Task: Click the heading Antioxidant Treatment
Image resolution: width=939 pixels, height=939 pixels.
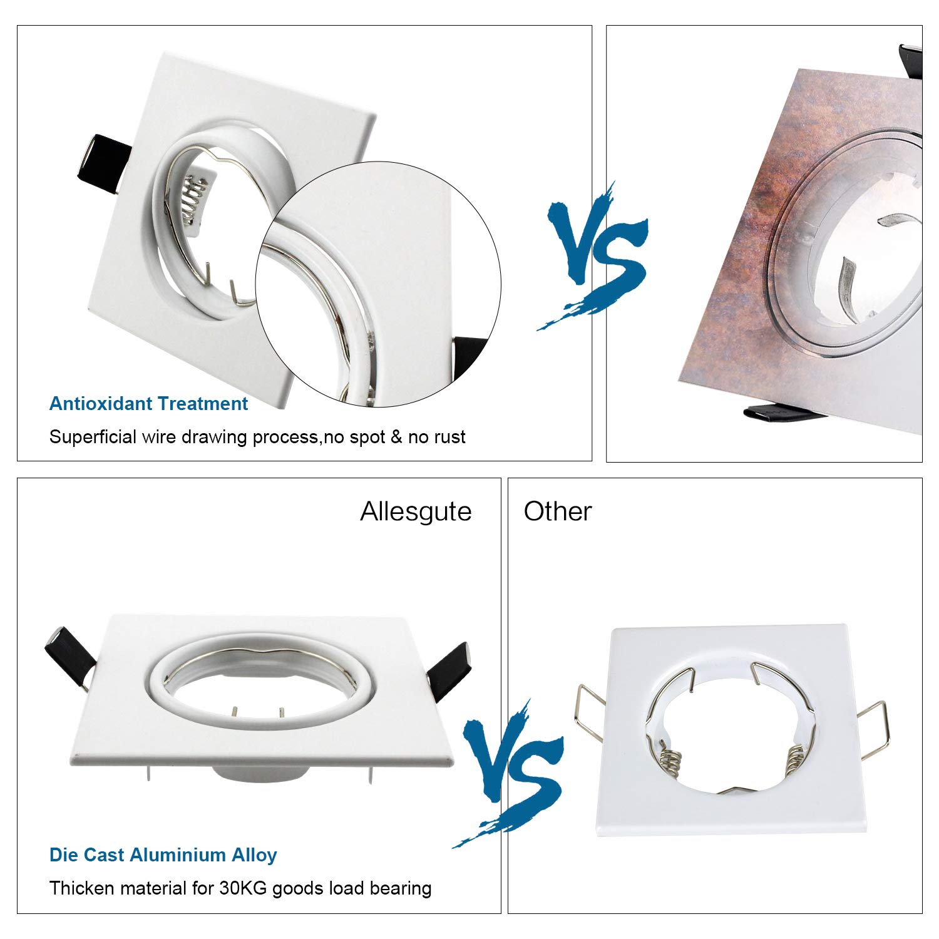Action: [x=148, y=404]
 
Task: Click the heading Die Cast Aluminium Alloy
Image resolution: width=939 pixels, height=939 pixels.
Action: [x=163, y=854]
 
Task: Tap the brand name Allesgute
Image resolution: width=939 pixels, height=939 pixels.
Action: [x=416, y=512]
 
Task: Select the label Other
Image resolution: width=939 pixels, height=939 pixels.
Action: [x=557, y=511]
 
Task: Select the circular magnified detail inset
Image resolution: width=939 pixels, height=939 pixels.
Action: [x=378, y=285]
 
